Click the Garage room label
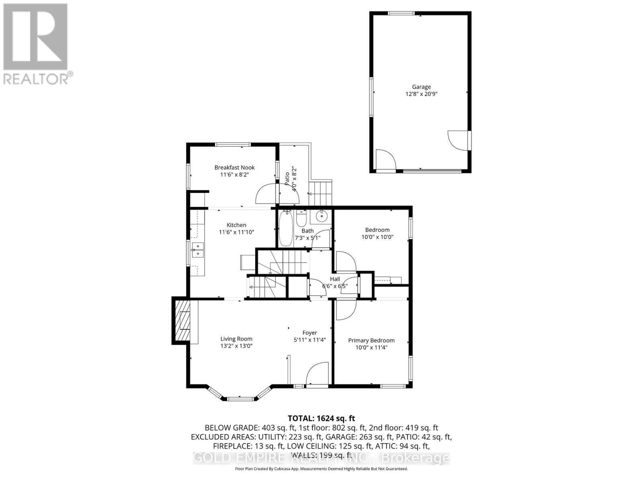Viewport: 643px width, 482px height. tap(421, 87)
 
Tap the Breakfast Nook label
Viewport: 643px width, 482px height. tap(234, 167)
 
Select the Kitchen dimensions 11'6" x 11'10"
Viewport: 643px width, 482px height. tap(236, 232)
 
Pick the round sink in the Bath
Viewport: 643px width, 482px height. tap(322, 216)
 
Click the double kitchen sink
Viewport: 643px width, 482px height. tap(197, 250)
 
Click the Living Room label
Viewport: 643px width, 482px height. tap(236, 339)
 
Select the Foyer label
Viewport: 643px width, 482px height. tap(310, 333)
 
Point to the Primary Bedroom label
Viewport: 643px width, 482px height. tap(371, 340)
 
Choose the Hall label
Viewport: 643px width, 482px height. tap(335, 279)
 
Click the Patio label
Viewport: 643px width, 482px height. tap(287, 178)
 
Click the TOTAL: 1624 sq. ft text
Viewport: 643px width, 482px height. tap(321, 419)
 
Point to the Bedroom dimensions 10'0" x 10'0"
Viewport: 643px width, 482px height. tap(377, 237)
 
